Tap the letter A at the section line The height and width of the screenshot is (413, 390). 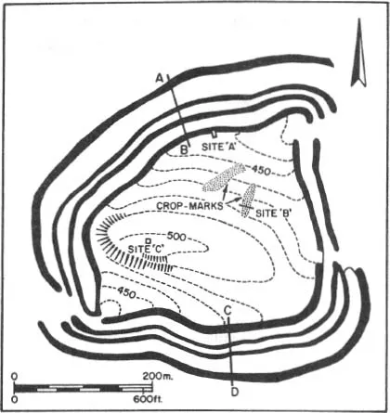tap(159, 78)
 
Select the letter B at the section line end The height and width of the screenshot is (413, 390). tap(184, 150)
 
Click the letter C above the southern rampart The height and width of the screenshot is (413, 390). tap(227, 311)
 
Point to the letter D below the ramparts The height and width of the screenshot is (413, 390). tap(235, 392)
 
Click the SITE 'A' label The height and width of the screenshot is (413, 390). tap(219, 147)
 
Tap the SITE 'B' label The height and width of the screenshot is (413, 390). tap(272, 213)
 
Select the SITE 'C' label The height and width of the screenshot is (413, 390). tap(146, 249)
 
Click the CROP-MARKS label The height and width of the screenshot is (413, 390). tap(190, 206)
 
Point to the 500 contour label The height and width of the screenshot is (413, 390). tap(176, 237)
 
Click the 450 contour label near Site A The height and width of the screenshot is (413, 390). tap(261, 170)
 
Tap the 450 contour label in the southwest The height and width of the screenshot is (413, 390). tap(126, 292)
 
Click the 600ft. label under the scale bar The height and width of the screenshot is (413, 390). tap(148, 399)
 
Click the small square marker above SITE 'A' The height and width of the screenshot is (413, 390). tap(214, 135)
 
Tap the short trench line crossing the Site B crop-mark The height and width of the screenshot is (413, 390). tap(247, 206)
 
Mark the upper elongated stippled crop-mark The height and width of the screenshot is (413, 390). tap(224, 177)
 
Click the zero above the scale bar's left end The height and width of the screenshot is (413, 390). tap(14, 376)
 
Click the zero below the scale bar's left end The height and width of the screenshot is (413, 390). tap(14, 399)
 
